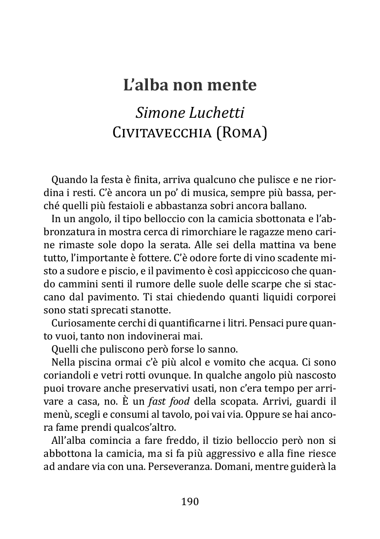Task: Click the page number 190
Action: click(x=190, y=502)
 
